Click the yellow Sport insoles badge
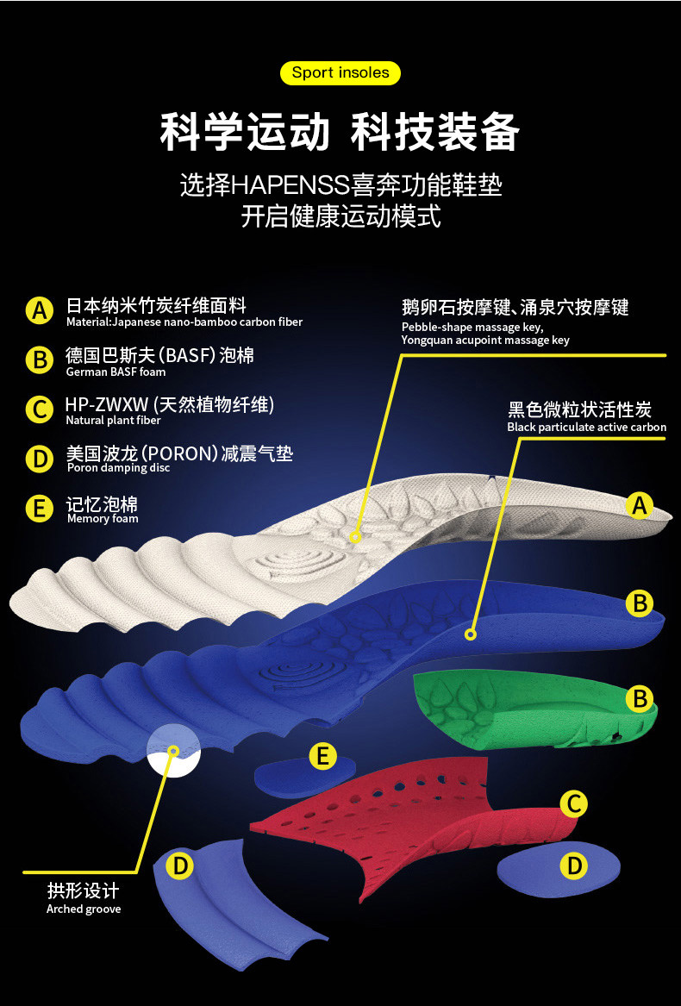340,72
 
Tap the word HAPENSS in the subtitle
290,185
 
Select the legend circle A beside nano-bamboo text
39,310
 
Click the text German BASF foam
116,372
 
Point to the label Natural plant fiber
113,421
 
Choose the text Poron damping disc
118,468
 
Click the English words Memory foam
102,519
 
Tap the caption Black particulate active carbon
586,428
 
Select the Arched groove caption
84,909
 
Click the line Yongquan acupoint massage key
485,341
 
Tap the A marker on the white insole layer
639,505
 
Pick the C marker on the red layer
573,804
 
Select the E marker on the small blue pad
322,757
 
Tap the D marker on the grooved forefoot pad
179,865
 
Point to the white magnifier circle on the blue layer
174,751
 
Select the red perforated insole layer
405,810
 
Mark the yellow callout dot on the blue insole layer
471,634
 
